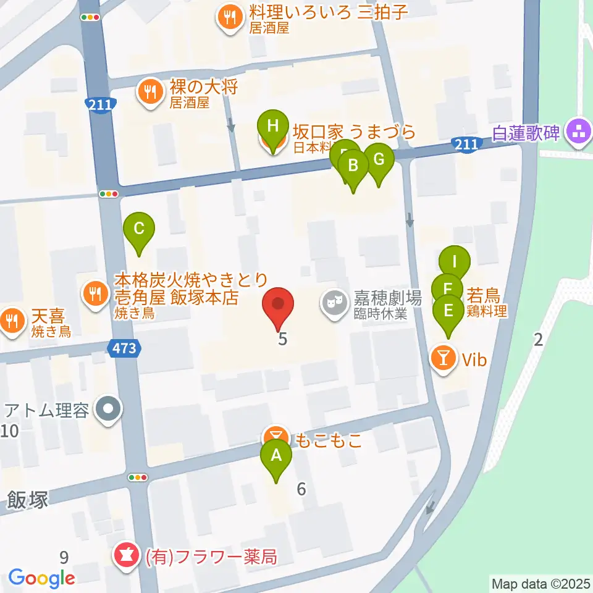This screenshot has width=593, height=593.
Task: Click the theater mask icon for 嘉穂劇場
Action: click(x=334, y=303)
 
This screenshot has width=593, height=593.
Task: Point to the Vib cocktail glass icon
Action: click(x=443, y=358)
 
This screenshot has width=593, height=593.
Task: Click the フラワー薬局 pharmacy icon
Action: click(x=127, y=556)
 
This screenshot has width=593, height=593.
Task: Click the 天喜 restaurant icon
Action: click(x=11, y=319)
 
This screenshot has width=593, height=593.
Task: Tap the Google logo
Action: click(x=41, y=578)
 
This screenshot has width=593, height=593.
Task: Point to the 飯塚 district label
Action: click(x=27, y=499)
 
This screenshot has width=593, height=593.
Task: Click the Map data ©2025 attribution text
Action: click(x=540, y=583)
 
